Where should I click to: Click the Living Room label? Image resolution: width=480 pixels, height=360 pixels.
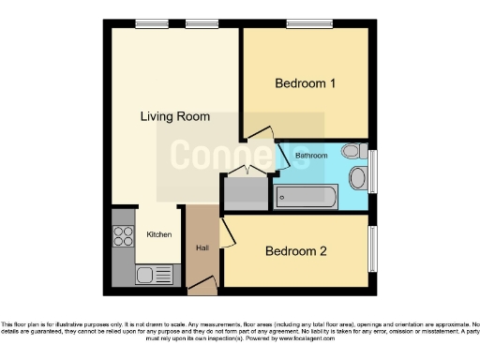[174, 117]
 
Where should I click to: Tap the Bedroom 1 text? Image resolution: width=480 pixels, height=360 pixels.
[305, 83]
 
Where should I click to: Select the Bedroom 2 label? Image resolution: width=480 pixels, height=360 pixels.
[295, 250]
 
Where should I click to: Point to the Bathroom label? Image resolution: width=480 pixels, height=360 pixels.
[311, 155]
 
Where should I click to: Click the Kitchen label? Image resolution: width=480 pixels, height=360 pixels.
[158, 233]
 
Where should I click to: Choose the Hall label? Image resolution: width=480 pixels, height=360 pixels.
[202, 247]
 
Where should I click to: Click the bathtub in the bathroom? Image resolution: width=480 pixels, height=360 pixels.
[306, 196]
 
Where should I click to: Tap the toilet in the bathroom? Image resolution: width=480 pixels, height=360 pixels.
[352, 151]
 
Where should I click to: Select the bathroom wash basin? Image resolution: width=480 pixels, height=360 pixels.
[357, 178]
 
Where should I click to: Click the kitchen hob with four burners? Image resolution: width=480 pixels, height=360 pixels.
[123, 237]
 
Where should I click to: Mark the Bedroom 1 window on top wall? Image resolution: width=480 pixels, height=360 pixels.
[307, 23]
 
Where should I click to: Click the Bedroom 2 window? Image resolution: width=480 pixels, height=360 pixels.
[372, 248]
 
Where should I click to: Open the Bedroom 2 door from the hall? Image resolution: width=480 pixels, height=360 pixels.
[226, 229]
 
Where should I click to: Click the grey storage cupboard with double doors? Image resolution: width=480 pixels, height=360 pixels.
[246, 191]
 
